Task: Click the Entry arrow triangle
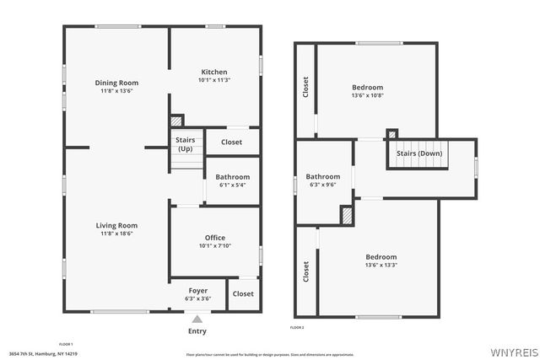point(197,320)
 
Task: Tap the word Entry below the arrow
point(197,331)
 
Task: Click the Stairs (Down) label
point(419,153)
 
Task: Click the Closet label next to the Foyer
point(243,293)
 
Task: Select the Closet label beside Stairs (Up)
point(231,142)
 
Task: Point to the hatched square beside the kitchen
point(176,121)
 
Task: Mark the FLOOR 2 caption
point(297,327)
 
